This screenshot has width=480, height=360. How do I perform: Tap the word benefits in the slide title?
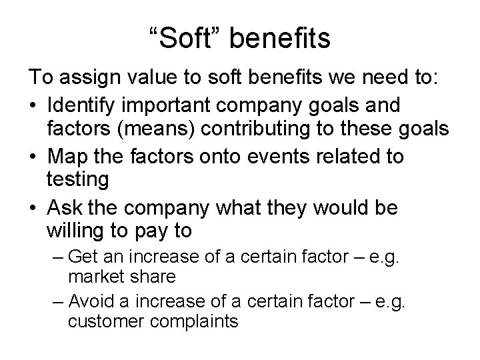[x=279, y=39]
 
